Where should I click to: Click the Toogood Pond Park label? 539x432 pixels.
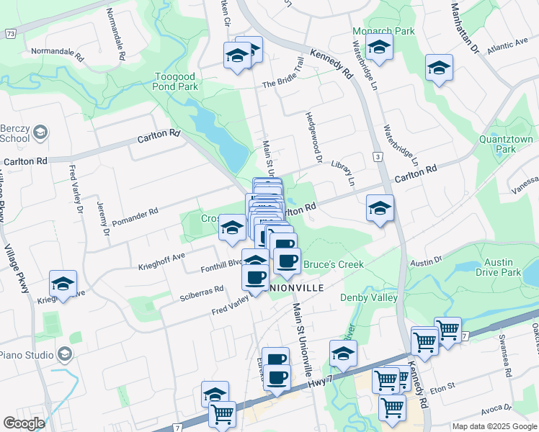point(177,81)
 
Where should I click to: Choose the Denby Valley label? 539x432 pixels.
point(373,297)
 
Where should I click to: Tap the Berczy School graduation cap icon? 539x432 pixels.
point(42,132)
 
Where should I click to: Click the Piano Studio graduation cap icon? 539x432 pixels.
point(65,354)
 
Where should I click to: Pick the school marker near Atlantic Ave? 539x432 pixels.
point(439,68)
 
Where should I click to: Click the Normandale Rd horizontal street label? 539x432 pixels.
point(58,52)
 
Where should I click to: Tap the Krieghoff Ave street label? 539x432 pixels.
point(161,261)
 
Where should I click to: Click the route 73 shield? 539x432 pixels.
point(10,34)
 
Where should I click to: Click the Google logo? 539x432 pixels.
point(24,423)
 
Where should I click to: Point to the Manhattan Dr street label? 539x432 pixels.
point(465,29)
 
